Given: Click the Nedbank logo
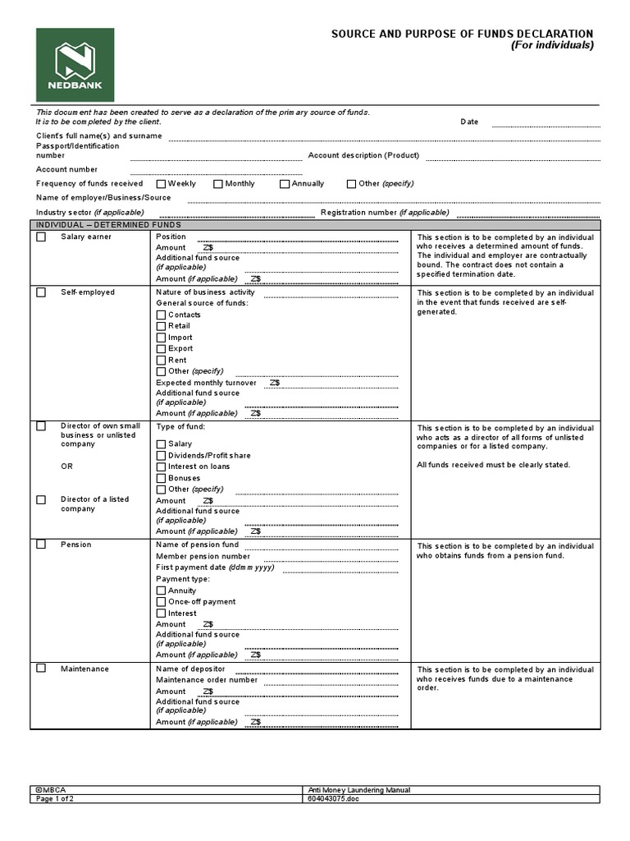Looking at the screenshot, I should [x=75, y=65].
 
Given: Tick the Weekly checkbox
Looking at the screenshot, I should [x=162, y=184].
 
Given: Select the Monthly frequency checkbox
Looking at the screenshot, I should [x=218, y=184].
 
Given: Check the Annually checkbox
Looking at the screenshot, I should [x=285, y=184].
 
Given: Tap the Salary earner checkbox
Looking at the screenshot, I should [x=41, y=237].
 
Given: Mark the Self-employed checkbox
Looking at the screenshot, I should [x=41, y=292].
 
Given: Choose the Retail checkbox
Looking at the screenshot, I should [x=161, y=326].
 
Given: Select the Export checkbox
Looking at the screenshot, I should [x=161, y=349].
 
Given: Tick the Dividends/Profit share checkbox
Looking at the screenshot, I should [x=161, y=456].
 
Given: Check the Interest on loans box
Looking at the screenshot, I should [x=161, y=466].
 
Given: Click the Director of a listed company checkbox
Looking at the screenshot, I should [x=41, y=499].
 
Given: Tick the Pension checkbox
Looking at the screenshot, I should [x=41, y=545].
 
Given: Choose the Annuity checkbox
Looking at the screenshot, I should [x=161, y=591].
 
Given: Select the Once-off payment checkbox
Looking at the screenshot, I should [x=161, y=602].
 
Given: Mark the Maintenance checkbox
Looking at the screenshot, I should [x=41, y=669].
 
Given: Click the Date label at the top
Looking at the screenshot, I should [x=469, y=122].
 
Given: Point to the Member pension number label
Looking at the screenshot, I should [x=203, y=556].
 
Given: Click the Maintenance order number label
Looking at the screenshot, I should [x=207, y=680].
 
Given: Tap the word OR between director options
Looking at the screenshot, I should [x=66, y=466].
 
